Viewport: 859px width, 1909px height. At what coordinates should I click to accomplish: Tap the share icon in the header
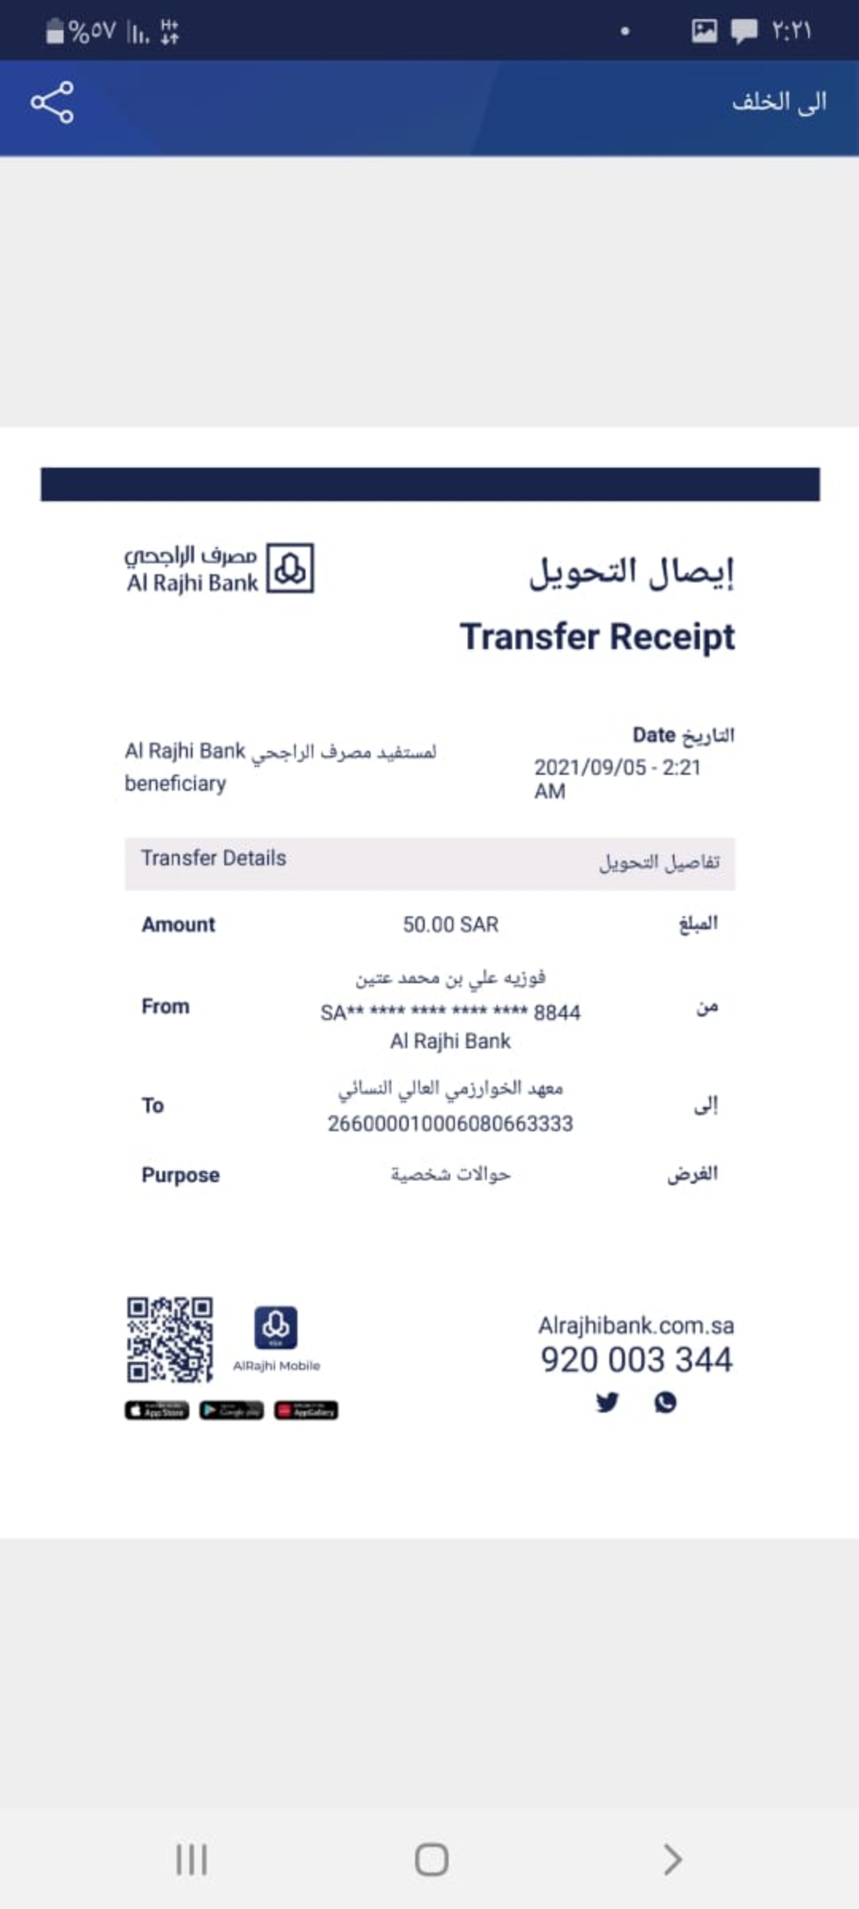tap(52, 102)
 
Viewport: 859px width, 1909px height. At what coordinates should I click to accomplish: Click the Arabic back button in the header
tap(779, 102)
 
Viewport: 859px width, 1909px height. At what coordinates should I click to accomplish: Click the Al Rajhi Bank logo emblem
tap(290, 568)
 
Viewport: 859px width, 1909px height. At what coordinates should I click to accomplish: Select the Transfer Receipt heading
tap(597, 636)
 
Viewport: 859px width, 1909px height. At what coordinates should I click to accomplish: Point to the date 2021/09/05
tap(590, 767)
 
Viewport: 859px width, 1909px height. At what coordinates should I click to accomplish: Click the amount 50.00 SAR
tap(450, 924)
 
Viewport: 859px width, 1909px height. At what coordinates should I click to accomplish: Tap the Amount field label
tap(178, 924)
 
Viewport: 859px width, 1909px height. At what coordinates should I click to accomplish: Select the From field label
tap(165, 1006)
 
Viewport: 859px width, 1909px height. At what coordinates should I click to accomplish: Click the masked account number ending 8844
tap(450, 1013)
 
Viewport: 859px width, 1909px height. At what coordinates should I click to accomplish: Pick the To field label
tap(153, 1106)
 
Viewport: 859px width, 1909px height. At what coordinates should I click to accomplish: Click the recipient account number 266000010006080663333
tap(450, 1123)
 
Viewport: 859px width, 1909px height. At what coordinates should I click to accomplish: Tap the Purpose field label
tap(181, 1175)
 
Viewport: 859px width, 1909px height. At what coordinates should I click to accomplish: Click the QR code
tap(169, 1339)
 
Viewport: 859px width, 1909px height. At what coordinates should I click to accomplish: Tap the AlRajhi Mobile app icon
tap(276, 1327)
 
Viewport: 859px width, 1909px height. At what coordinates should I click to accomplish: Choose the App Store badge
tap(157, 1410)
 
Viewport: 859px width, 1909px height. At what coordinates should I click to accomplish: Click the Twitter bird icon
tap(608, 1402)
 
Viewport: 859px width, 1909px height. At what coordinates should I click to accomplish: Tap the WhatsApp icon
tap(666, 1402)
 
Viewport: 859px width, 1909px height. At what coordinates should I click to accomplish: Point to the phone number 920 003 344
tap(636, 1359)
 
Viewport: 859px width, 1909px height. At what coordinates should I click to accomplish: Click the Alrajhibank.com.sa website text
tap(636, 1325)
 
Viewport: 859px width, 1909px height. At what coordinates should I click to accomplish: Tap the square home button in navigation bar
tap(431, 1860)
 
